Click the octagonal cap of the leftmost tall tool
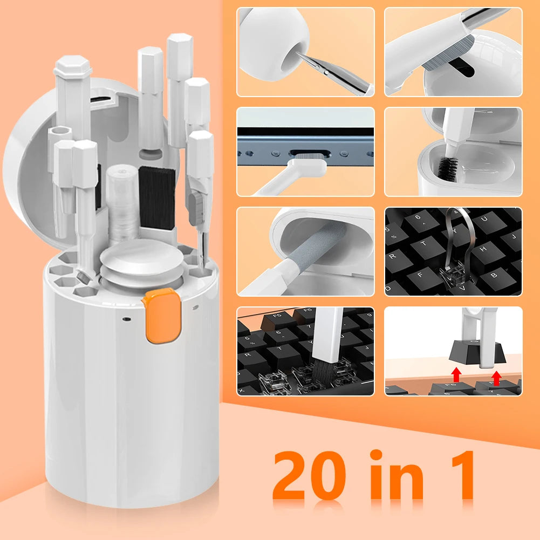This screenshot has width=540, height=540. [x=73, y=68]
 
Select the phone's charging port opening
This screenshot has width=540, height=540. [x=306, y=154]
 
